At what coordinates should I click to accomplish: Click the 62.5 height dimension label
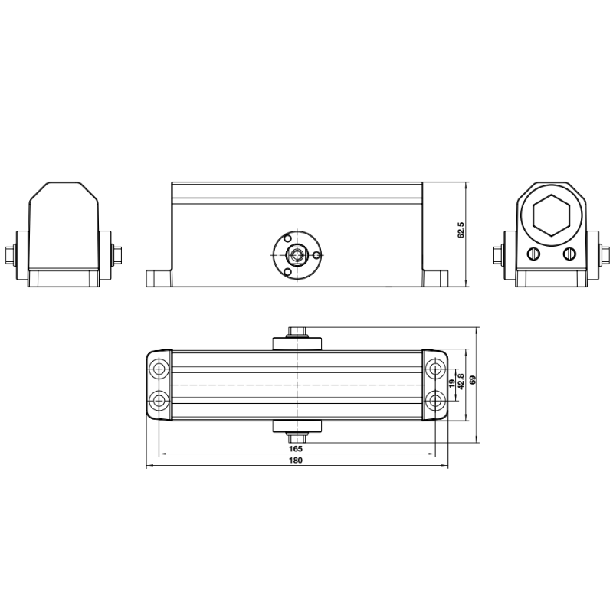pos(461,231)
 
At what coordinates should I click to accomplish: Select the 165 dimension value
pos(297,448)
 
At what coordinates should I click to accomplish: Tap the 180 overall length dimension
pos(297,461)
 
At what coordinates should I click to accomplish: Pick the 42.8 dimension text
pos(461,381)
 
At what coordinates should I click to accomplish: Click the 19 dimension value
pos(451,381)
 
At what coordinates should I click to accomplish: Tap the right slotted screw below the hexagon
pos(568,254)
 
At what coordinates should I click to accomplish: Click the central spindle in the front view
pos(296,254)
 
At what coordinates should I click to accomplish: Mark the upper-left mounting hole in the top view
pos(159,370)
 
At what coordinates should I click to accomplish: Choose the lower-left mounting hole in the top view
pos(159,399)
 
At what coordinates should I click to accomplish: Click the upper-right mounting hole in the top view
pos(434,370)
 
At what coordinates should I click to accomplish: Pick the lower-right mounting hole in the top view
pos(434,399)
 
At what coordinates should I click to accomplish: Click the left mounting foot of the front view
pos(159,277)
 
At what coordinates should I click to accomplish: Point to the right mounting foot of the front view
pos(434,277)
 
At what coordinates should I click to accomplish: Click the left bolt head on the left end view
pos(11,254)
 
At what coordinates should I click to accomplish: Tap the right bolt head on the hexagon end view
pos(605,254)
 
